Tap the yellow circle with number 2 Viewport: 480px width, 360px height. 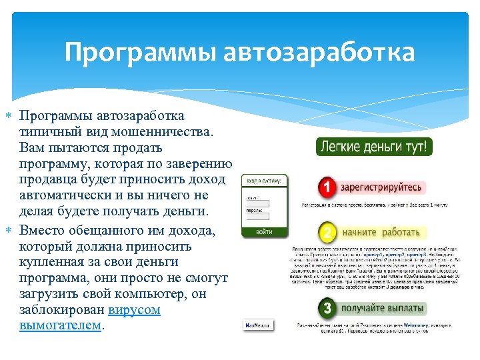click(x=327, y=233)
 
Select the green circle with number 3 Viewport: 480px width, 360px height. click(x=327, y=309)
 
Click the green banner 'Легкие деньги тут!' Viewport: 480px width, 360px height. click(x=375, y=147)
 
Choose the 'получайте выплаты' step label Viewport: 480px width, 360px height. click(x=381, y=309)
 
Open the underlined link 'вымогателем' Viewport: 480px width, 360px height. click(x=61, y=326)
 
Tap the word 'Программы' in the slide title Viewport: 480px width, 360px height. click(x=141, y=52)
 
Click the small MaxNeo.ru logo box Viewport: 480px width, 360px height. click(x=257, y=325)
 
